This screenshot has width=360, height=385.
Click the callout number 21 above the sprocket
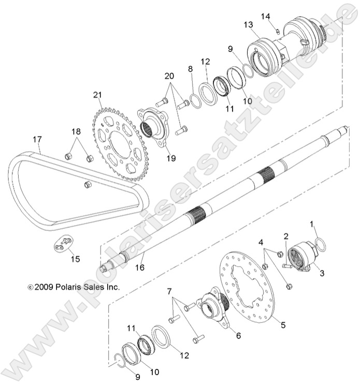click(98, 95)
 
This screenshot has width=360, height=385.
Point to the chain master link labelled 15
click(64, 243)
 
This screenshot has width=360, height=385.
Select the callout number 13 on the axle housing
click(248, 25)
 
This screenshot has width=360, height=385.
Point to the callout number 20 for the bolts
click(169, 76)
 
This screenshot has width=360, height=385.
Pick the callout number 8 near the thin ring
click(191, 69)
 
